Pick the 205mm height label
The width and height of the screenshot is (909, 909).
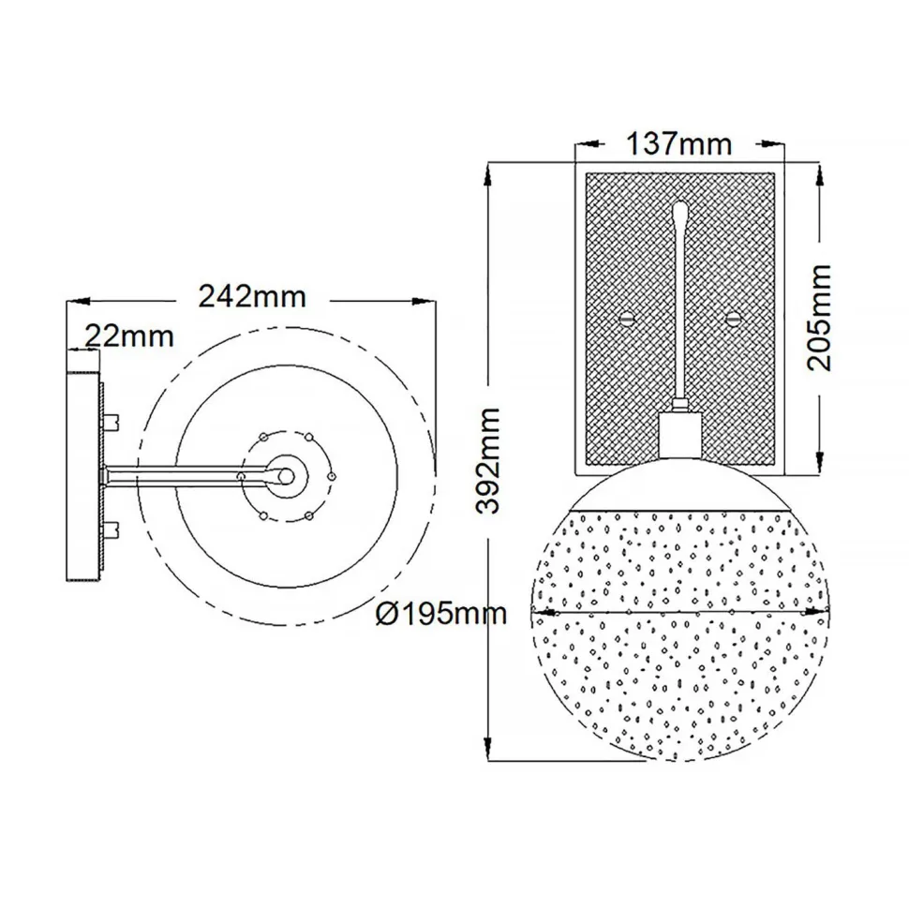tap(821, 317)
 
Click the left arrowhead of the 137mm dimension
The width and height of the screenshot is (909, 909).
tap(579, 145)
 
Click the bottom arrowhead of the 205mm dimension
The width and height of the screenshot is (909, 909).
tap(820, 463)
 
